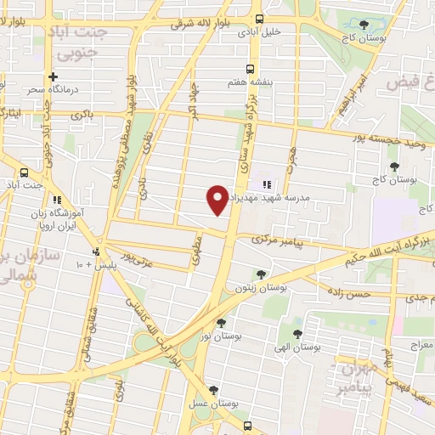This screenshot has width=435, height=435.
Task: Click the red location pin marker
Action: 217,201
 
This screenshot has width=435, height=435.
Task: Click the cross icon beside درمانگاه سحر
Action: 53,76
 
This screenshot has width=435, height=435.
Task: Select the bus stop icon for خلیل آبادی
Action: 261,19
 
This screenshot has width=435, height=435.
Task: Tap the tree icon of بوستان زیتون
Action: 259,274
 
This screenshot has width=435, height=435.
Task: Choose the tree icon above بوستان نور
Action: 221,323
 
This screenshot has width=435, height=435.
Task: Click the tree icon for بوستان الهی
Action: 297,334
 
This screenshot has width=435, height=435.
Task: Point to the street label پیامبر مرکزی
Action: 282,240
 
